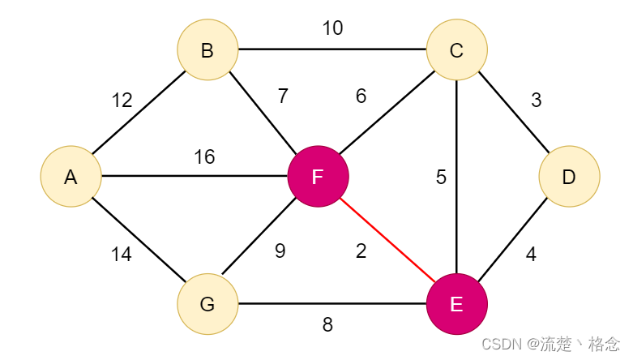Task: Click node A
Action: tap(71, 177)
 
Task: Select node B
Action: tap(207, 49)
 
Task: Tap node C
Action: tap(456, 49)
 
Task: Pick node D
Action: tap(569, 177)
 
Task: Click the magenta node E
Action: tap(456, 304)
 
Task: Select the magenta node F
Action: tap(318, 177)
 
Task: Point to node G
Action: tap(207, 304)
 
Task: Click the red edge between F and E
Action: tap(387, 240)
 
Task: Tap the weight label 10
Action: tap(332, 28)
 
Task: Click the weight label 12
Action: tap(122, 101)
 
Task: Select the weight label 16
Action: tap(204, 156)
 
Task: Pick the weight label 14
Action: tap(121, 255)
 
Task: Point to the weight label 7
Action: tap(283, 96)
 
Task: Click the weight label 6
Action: tap(361, 96)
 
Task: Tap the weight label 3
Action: tap(536, 101)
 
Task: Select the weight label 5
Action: tap(441, 178)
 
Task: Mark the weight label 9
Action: tap(280, 251)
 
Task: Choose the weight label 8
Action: tap(327, 324)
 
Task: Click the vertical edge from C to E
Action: tap(456, 177)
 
